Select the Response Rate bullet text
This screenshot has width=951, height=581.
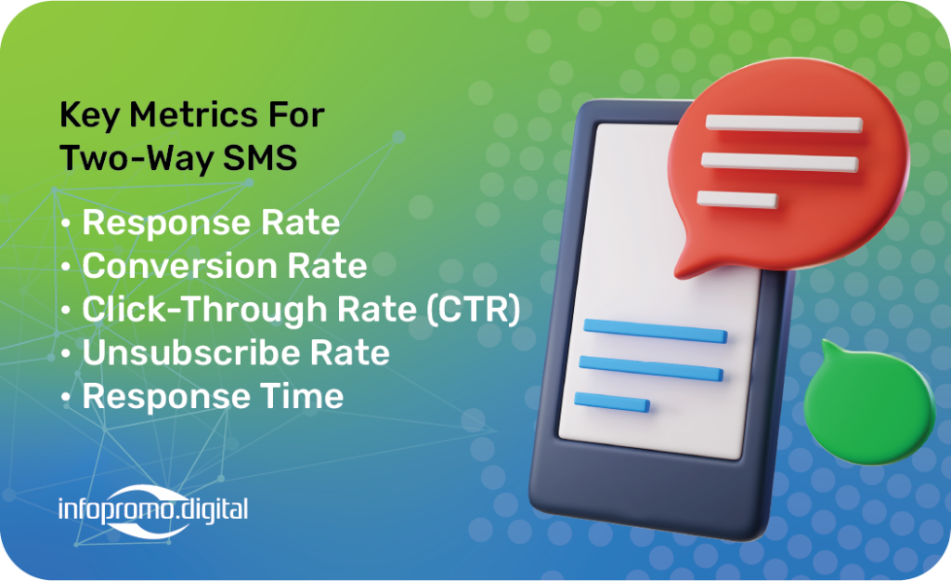(211, 223)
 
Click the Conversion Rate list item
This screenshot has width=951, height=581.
(225, 266)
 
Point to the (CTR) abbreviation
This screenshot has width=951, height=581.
(473, 310)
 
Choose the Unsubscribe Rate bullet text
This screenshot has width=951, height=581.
(236, 352)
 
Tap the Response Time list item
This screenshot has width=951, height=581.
(213, 397)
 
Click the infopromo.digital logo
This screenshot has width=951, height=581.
(153, 510)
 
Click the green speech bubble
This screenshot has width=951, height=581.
(868, 403)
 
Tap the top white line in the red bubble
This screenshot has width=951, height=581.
(784, 124)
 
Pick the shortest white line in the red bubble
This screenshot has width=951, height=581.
(736, 199)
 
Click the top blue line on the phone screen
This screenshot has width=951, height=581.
(655, 331)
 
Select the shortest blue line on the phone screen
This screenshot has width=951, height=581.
(612, 402)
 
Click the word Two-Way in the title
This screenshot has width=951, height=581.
(137, 158)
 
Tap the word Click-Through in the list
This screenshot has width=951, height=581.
(205, 310)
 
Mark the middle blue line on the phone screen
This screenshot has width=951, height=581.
(651, 368)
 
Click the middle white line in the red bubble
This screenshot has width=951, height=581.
(779, 162)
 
